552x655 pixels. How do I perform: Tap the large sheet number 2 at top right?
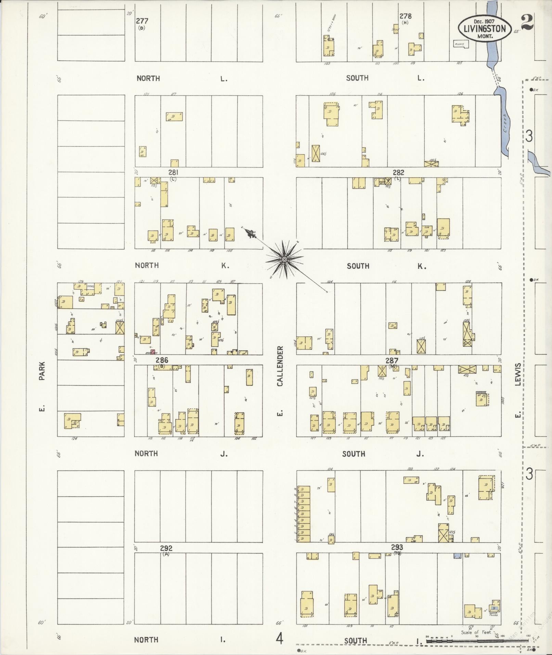point(529,23)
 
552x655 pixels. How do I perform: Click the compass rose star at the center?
point(284,260)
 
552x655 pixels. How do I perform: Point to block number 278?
point(405,16)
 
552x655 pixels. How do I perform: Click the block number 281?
point(173,172)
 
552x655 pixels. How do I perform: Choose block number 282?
point(398,172)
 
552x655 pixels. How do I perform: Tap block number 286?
point(162,360)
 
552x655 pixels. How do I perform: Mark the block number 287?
point(392,360)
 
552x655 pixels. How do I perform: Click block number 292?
point(166,548)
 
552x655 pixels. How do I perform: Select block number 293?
point(397,547)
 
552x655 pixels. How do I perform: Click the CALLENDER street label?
point(280,366)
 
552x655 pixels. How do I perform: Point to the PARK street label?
point(42,371)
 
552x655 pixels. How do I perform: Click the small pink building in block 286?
point(153,351)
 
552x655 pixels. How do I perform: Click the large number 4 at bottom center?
point(280,639)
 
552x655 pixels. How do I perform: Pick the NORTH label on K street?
point(146,265)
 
